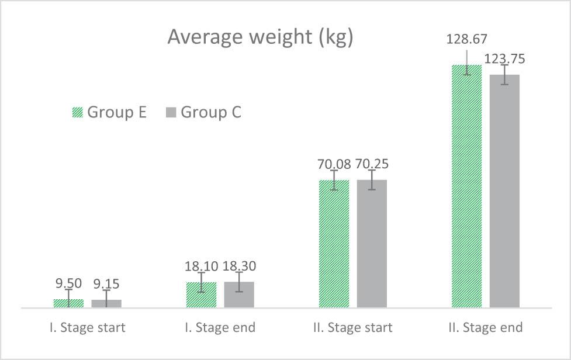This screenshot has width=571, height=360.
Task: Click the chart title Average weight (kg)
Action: point(260,37)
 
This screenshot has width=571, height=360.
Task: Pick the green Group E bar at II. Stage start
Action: point(334,245)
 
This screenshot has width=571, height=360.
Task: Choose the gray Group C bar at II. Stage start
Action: point(372,245)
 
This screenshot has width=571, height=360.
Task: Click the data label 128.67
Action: point(466,39)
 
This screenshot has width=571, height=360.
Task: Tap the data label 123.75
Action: point(504,58)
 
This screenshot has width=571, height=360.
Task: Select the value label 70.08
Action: point(334,164)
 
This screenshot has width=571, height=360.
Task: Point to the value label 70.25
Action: point(372,164)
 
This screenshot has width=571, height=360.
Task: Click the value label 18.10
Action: point(202,266)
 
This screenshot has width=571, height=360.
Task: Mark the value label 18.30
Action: point(239,266)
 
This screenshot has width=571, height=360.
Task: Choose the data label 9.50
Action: point(69,283)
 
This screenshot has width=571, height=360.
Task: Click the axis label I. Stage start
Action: point(87,327)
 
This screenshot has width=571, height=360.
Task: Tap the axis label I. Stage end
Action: point(220,327)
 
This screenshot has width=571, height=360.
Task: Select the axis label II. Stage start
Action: point(352,327)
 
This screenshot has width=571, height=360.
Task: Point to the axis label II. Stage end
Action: point(485,327)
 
